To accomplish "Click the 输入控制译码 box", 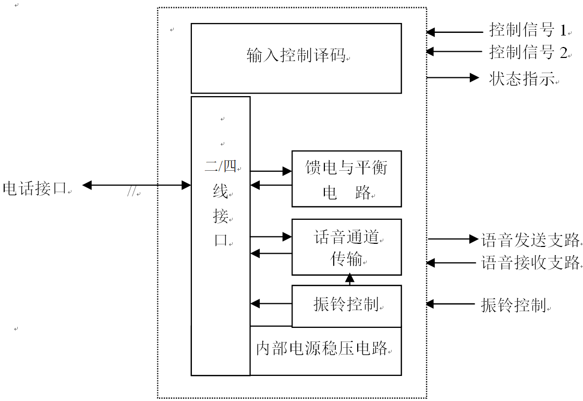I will tap(296, 58).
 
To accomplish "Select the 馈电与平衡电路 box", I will tap(346, 179).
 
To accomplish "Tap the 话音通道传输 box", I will tap(346, 247).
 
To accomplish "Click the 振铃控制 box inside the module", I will tap(346, 305).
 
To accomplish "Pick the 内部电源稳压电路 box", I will tap(325, 351).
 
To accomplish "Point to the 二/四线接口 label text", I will tap(221, 204).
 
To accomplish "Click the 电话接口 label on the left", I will tap(35, 188).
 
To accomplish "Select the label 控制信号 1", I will tap(527, 30).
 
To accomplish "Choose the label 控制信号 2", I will tap(527, 52).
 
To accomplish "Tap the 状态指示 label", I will tap(521, 79).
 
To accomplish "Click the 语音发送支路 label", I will tap(530, 240).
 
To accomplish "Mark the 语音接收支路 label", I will tap(530, 263).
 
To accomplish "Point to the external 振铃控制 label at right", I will tap(513, 305).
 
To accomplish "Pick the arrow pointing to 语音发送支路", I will tap(453, 239).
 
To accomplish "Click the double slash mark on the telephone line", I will tap(131, 193).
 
